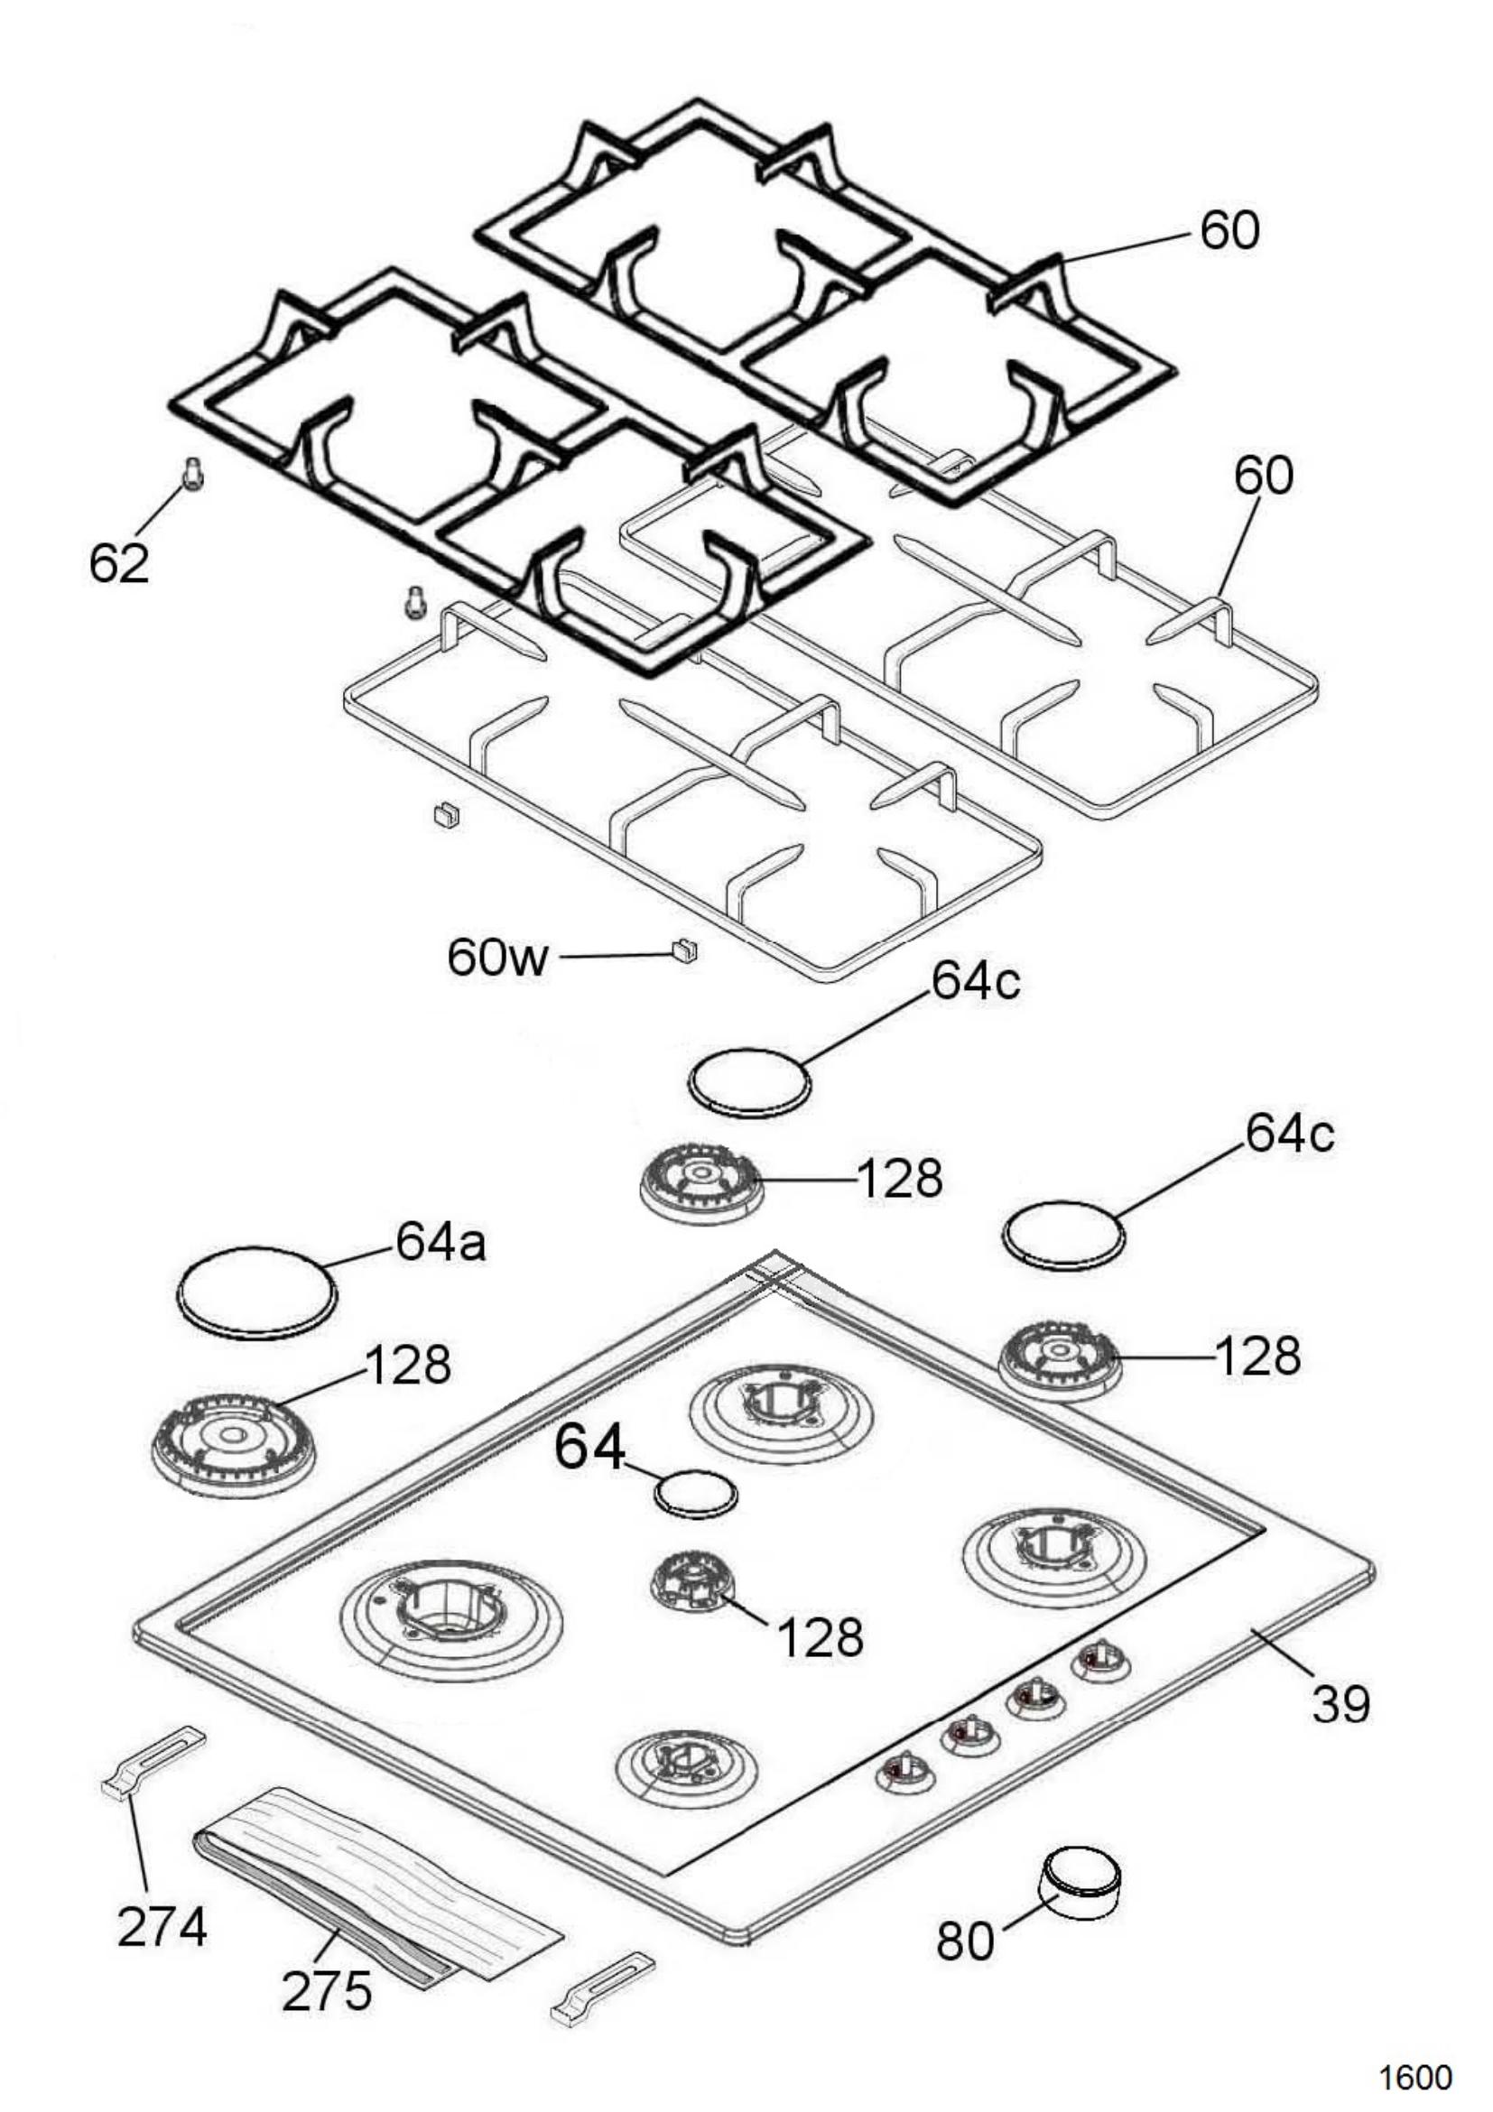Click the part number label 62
(118, 563)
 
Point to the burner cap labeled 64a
(255, 1292)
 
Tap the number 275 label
(328, 1993)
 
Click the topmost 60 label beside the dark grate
(1230, 230)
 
